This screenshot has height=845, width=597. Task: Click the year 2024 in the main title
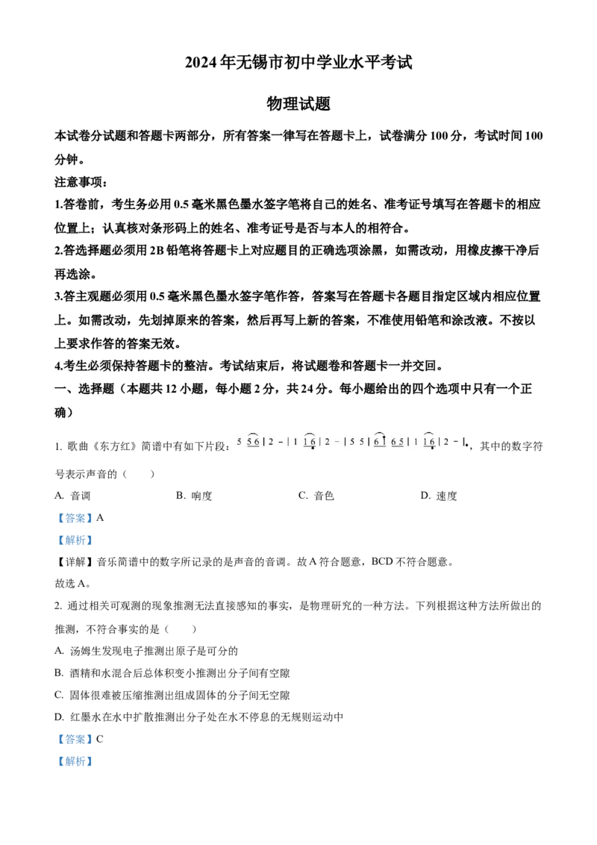pos(201,63)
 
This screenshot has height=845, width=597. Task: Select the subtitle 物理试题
pos(298,104)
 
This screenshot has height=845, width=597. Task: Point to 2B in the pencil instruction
pos(155,251)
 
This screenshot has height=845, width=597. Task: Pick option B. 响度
pos(194,496)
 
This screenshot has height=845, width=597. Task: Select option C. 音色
pos(316,496)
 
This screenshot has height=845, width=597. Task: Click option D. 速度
pos(439,496)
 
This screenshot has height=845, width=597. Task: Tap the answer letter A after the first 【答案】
pos(100,518)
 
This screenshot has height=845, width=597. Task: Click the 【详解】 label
pos(75,562)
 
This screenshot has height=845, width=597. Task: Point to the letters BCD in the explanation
pos(382,562)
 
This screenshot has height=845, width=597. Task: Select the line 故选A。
pos(72,584)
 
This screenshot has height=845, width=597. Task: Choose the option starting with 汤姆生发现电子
pos(146,651)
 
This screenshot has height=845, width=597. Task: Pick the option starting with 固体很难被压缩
pos(172,695)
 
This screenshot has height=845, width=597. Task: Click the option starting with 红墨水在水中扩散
pos(199,717)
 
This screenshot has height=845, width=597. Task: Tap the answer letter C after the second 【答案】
pos(100,739)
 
